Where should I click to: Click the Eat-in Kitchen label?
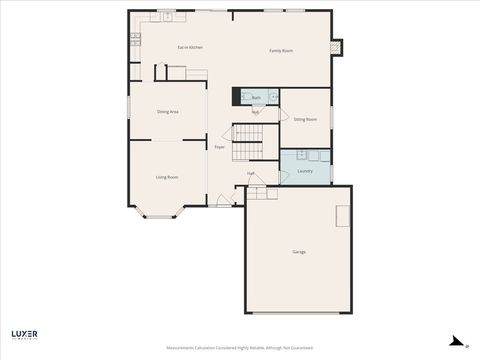[190, 48]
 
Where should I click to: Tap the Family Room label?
[281, 50]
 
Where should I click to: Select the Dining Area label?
[168, 112]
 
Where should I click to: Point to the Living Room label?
[167, 177]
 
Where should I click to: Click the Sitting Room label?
[305, 119]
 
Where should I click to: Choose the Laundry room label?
[305, 171]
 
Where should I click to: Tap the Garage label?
[299, 251]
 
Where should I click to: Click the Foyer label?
[219, 147]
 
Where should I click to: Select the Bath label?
[256, 98]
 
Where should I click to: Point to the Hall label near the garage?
[250, 173]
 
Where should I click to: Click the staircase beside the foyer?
[246, 142]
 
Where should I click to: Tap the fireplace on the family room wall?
[337, 46]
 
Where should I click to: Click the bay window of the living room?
[159, 213]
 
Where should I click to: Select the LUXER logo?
[24, 333]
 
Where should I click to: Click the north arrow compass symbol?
[456, 340]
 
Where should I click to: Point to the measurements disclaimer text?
[240, 348]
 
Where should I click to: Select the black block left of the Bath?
[236, 97]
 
